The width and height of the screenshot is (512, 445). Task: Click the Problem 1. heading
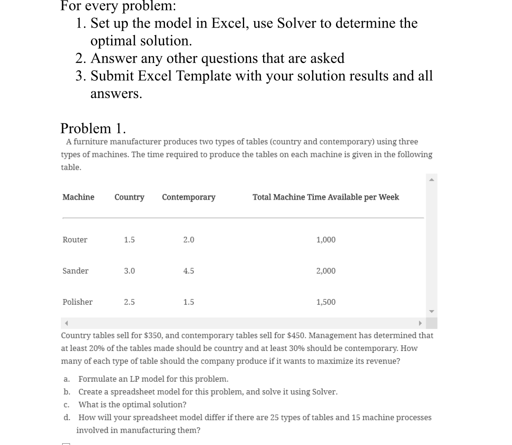(93, 128)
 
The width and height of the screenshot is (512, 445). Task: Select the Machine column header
(78, 197)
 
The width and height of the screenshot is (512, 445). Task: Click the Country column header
(129, 197)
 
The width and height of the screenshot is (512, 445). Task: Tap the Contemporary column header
(189, 197)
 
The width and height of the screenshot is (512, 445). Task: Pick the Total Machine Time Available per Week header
(326, 197)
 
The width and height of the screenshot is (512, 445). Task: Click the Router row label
(75, 240)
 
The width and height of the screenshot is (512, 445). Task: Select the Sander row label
(75, 271)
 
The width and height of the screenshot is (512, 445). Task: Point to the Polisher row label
(77, 302)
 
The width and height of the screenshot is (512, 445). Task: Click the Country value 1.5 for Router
(129, 240)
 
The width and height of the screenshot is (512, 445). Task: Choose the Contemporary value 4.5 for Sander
(189, 271)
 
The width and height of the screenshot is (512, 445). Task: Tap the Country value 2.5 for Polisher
(129, 302)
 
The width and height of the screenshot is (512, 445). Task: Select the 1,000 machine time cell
(326, 240)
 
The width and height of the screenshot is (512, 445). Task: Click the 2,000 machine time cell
(326, 271)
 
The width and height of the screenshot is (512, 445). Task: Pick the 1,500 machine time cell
(326, 302)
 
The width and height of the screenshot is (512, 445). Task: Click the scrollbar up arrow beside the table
(431, 179)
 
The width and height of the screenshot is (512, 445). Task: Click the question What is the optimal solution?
(132, 404)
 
